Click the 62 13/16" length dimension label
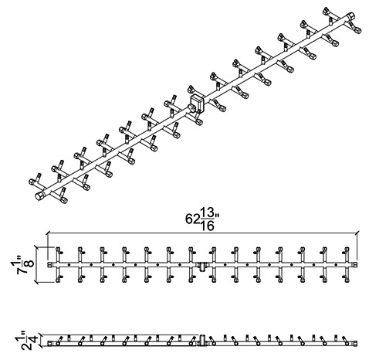coord(202,219)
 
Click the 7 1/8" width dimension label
coord(22,265)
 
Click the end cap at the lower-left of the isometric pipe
coord(40,195)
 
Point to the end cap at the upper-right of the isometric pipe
coord(350,16)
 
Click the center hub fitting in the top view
coord(202,266)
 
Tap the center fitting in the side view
coord(202,341)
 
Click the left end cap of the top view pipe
coord(49,264)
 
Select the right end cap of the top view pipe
coord(355,264)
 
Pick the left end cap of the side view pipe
coord(49,343)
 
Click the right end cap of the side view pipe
coord(355,343)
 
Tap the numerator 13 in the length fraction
coord(208,213)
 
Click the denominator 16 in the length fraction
coord(208,226)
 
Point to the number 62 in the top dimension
coord(192,219)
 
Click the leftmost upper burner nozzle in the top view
coord(58,250)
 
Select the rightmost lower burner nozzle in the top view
coord(347,278)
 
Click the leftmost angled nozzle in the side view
coord(59,341)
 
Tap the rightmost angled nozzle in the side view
coord(347,341)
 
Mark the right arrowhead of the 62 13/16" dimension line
coord(357,234)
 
